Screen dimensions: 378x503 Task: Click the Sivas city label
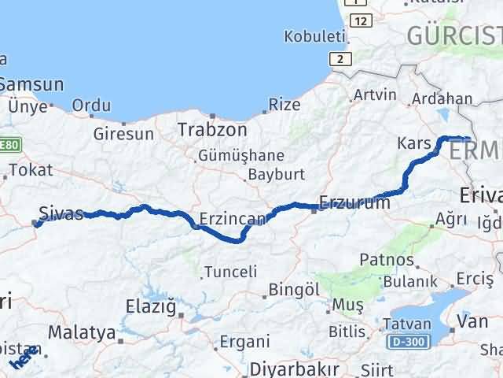[61, 213]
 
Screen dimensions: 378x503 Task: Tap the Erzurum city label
[354, 203]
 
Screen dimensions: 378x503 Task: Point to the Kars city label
[416, 144]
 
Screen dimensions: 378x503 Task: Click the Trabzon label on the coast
[212, 130]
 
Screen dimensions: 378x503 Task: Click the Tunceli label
[230, 272]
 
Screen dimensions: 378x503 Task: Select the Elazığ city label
[151, 306]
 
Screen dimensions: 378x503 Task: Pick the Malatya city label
[82, 332]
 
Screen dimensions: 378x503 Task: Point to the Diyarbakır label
[294, 369]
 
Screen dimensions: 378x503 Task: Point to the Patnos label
[386, 259]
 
